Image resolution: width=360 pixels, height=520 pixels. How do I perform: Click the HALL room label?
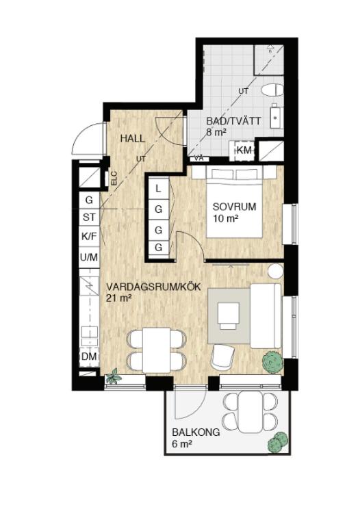point(132,139)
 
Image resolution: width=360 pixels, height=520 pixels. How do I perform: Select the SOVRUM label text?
point(234,207)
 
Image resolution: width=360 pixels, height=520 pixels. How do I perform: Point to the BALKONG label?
point(196,432)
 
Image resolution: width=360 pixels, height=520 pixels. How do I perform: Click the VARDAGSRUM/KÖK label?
point(153,287)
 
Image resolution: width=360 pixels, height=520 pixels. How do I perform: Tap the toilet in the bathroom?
point(272,90)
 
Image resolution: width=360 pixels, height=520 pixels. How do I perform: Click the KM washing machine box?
point(244,151)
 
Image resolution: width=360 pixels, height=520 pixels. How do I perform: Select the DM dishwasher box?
point(89,357)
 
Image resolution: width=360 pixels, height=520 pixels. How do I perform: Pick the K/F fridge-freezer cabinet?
point(89,236)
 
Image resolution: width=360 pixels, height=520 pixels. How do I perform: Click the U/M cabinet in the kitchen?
point(89,257)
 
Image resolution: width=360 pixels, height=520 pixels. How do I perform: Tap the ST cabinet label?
point(89,218)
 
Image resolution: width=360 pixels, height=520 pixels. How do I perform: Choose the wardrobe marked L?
point(159,188)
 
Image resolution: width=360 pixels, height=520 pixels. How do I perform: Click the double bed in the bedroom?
point(235,202)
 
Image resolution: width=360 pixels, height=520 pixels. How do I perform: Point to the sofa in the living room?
point(266,315)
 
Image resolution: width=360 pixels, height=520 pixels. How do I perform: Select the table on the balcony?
point(250,412)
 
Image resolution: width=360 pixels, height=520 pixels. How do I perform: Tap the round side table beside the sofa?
point(275,272)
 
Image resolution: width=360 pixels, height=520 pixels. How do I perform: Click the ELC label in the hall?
point(114,178)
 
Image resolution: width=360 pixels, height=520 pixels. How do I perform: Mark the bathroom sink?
point(277,116)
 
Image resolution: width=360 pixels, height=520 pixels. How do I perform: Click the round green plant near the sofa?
point(272,362)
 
